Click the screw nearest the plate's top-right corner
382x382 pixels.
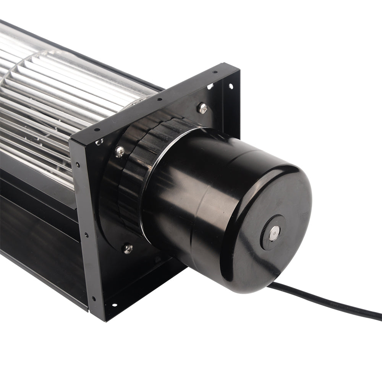(x=202, y=108)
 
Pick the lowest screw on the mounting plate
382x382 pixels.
(x=128, y=249)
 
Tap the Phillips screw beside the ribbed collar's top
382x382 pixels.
(x=120, y=151)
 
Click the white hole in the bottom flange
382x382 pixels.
(x=113, y=305)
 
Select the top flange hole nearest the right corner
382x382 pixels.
(x=215, y=71)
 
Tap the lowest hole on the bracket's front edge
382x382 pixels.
(x=93, y=299)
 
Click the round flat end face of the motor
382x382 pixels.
(x=267, y=225)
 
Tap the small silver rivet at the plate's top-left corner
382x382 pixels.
(x=99, y=142)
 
